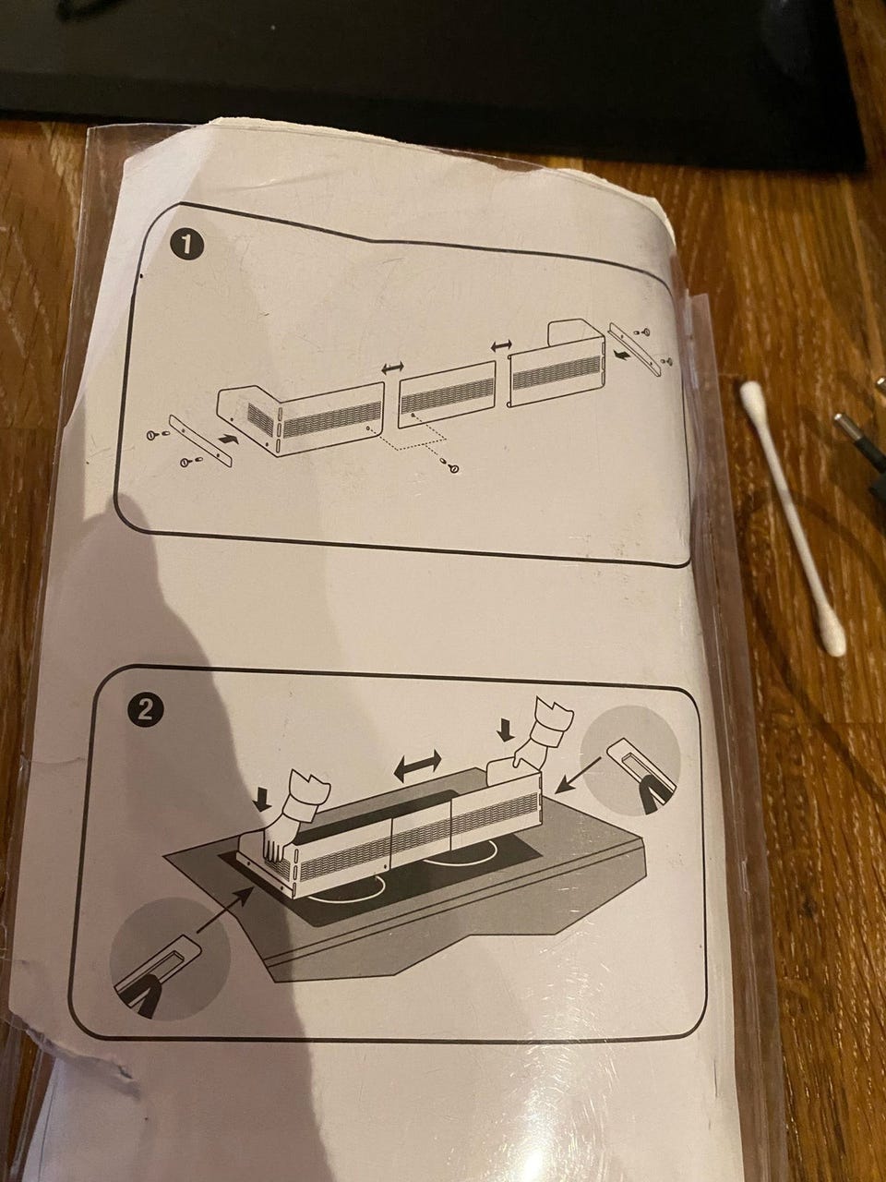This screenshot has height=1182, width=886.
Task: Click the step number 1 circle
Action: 186,247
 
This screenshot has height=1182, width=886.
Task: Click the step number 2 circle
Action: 144,712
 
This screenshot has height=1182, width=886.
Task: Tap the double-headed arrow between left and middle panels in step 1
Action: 392,368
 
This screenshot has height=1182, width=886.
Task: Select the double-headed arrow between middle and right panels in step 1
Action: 502,345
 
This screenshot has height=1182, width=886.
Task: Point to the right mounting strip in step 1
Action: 635,349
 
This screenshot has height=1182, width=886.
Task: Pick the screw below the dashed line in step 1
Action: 452,467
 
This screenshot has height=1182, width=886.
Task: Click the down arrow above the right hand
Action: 505,730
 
